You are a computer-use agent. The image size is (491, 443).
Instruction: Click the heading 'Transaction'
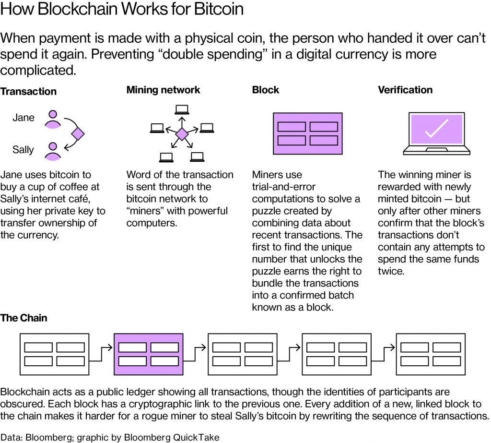(28, 91)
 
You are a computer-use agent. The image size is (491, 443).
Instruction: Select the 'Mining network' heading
(163, 90)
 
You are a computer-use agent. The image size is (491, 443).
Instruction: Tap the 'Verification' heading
(405, 90)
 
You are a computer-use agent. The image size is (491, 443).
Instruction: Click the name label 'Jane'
(23, 118)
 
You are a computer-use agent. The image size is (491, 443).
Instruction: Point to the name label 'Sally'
(23, 150)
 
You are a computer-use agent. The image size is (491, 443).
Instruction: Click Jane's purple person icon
(53, 119)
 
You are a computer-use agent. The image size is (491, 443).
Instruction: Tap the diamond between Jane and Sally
(77, 134)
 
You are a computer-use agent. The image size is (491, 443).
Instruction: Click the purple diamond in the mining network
(182, 134)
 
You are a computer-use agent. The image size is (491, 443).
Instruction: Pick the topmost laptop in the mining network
(181, 108)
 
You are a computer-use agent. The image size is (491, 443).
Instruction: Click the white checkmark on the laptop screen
(436, 128)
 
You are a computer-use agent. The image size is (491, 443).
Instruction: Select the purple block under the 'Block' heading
(307, 133)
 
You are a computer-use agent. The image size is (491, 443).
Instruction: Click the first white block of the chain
(54, 354)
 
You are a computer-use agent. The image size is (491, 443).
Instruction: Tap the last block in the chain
(430, 354)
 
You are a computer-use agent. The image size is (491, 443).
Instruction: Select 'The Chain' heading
(24, 318)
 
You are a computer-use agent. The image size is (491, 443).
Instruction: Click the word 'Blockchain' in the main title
(82, 10)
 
